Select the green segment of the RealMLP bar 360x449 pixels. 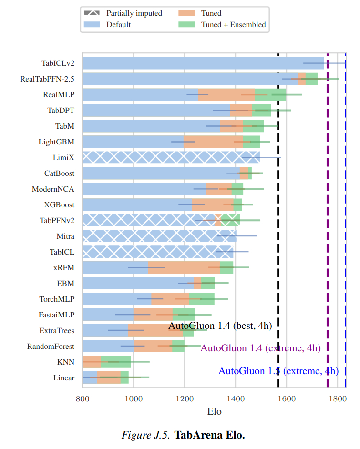click(x=270, y=94)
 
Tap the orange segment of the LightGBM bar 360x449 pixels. click(x=213, y=141)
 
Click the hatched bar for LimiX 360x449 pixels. click(x=171, y=157)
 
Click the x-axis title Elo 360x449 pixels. click(x=214, y=411)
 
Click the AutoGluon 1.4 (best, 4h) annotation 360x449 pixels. click(x=220, y=326)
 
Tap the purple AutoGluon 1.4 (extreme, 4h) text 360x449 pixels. click(x=260, y=348)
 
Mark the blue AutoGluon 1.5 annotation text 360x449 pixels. click(x=278, y=371)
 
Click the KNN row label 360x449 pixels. click(x=65, y=362)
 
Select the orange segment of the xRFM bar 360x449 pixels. click(x=184, y=267)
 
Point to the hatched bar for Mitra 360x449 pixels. click(x=159, y=236)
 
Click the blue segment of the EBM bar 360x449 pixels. click(x=138, y=283)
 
